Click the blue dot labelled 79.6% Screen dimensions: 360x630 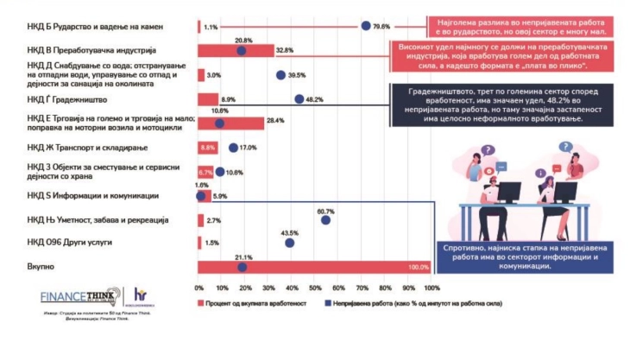(x=366, y=26)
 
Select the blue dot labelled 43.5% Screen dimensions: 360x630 (x=290, y=243)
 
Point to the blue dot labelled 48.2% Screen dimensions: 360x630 (x=299, y=99)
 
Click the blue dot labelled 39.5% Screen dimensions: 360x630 (x=280, y=75)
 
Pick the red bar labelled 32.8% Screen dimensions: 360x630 (x=236, y=50)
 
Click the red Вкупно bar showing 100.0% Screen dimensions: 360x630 (x=314, y=267)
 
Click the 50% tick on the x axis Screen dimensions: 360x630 (x=315, y=287)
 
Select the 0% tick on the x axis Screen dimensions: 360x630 (x=199, y=287)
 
